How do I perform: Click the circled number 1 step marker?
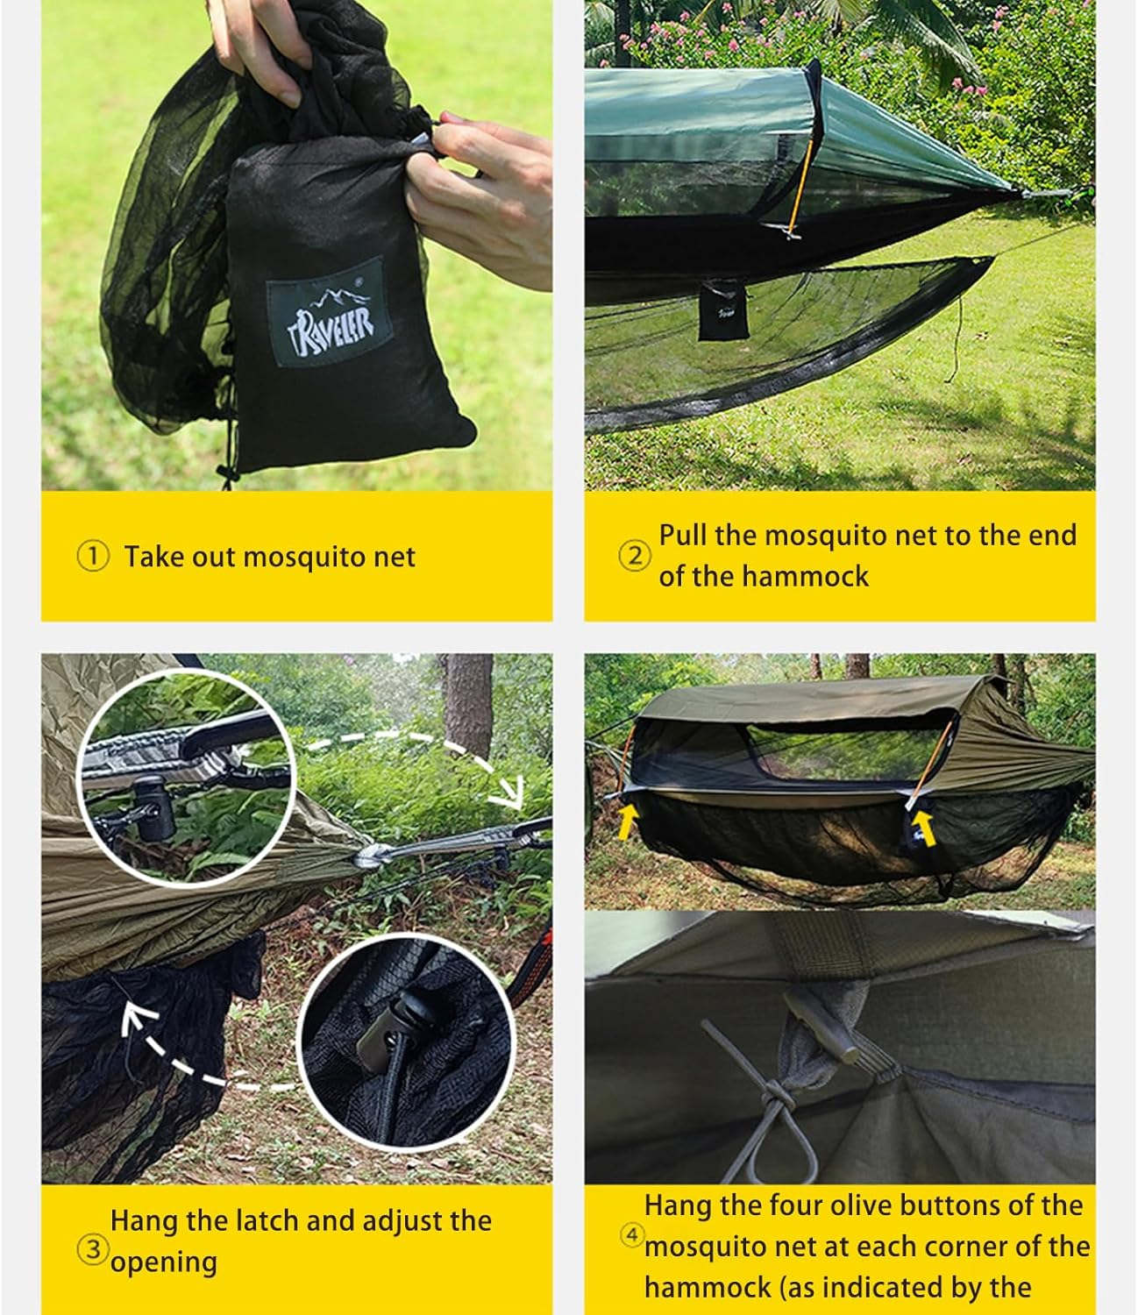click(93, 556)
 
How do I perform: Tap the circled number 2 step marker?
click(635, 556)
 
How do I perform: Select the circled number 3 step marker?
click(93, 1248)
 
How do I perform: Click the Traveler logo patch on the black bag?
click(325, 311)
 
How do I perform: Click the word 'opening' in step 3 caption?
click(164, 1262)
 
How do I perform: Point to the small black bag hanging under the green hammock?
click(722, 310)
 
